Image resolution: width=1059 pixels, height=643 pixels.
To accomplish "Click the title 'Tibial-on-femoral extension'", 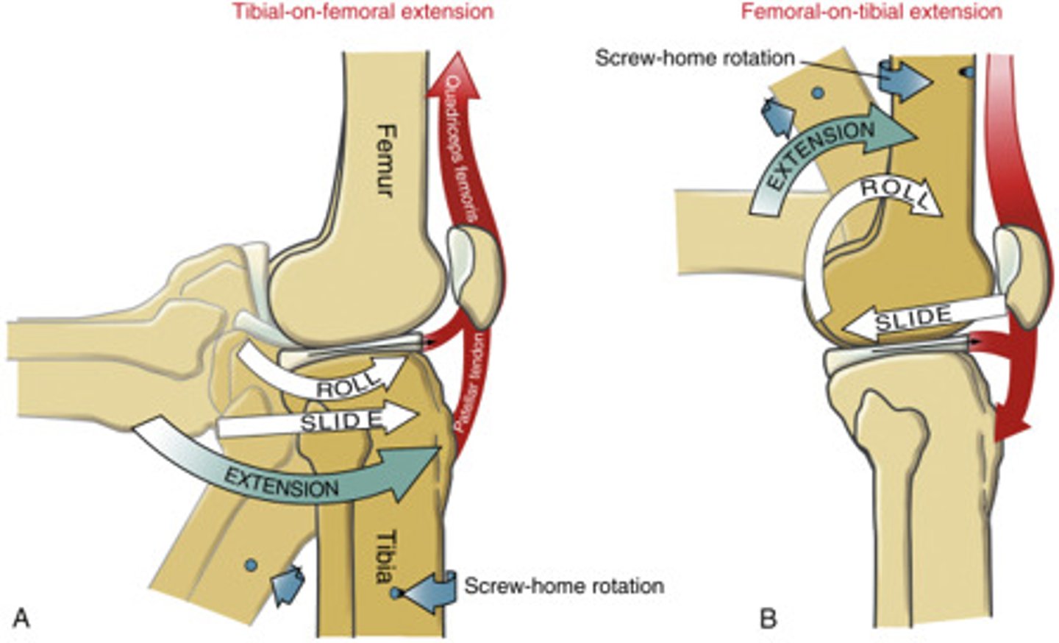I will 363,12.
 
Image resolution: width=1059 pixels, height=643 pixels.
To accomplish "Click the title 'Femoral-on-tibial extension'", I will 871,12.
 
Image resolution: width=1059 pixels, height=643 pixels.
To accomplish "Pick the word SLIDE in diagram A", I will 341,421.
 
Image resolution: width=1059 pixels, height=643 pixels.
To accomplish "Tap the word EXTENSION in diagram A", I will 282,483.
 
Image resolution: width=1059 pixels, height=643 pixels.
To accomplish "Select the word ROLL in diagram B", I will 892,192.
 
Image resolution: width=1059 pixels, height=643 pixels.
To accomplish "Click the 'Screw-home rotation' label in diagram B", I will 694,57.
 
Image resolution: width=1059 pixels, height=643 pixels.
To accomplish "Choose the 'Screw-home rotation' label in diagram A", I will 564,586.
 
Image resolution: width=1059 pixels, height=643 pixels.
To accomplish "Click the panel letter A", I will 22,618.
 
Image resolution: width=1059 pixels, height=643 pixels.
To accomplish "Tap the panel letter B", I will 768,618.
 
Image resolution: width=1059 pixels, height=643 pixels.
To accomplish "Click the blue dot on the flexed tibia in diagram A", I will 252,564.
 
